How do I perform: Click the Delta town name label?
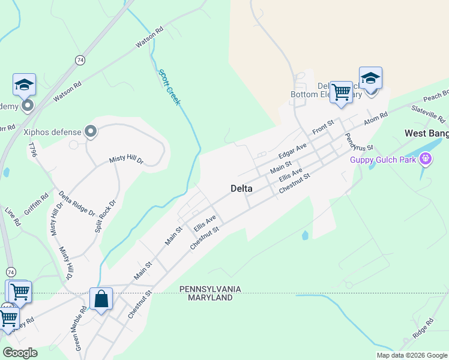click(241, 188)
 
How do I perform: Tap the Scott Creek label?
click(169, 88)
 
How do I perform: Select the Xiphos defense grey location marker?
click(91, 131)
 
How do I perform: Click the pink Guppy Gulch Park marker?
click(426, 159)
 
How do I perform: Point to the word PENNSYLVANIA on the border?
click(210, 289)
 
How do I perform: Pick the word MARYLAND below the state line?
click(210, 298)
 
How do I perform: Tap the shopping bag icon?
click(101, 299)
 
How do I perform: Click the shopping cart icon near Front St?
click(341, 92)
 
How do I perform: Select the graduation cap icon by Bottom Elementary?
click(370, 79)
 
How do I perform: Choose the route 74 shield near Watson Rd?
click(80, 59)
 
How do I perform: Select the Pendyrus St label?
click(359, 139)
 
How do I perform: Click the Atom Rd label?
click(376, 119)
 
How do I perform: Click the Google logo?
click(20, 353)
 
